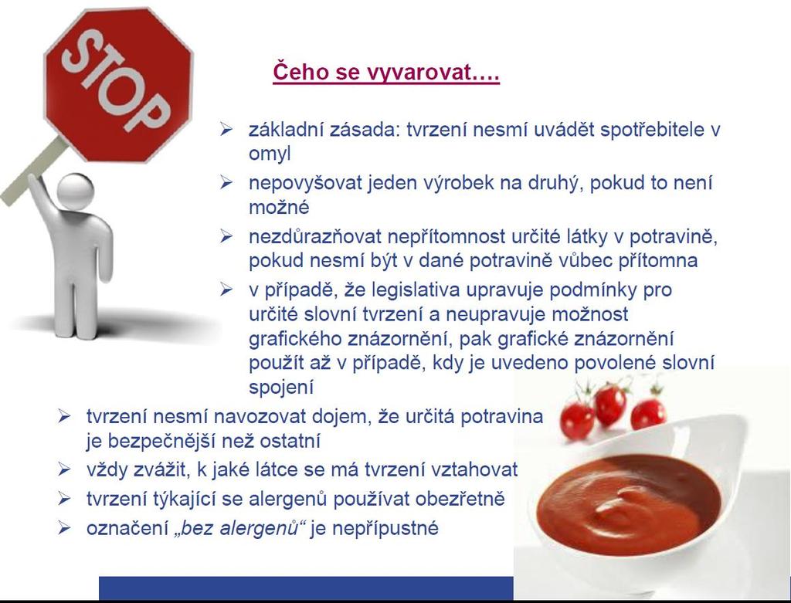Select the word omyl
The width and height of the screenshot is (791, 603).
pos(270,154)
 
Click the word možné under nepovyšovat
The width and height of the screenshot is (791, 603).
pos(279,207)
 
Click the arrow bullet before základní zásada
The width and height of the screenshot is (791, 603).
pos(226,130)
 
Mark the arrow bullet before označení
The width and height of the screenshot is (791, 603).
pos(64,528)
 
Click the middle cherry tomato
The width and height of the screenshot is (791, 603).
pos(610,405)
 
